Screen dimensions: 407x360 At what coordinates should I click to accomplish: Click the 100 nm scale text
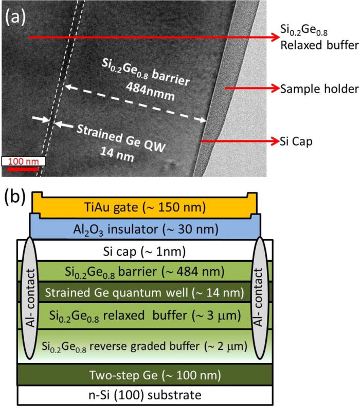point(23,162)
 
